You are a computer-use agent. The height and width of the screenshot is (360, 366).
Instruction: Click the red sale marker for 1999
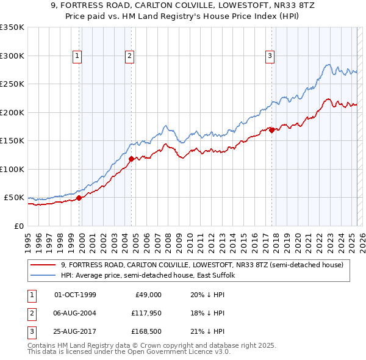(x=79, y=198)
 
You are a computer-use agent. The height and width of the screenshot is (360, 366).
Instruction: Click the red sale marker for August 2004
(x=131, y=159)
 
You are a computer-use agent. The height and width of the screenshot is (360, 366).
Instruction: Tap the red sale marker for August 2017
(x=271, y=129)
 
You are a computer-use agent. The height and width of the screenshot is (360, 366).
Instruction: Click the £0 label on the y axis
(x=18, y=226)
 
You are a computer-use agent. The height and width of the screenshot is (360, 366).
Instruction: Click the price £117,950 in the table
(x=145, y=313)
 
